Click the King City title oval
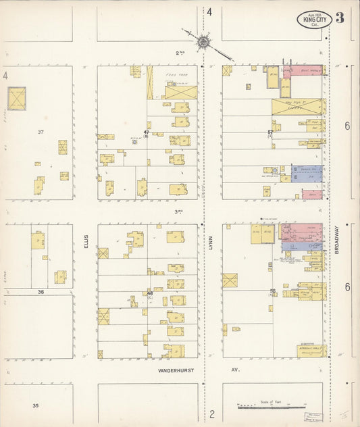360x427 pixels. pyautogui.click(x=314, y=20)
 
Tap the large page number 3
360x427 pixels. pyautogui.click(x=340, y=18)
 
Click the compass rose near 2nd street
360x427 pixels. pyautogui.click(x=202, y=42)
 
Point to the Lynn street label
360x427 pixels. pyautogui.click(x=211, y=241)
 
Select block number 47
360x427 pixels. pyautogui.click(x=146, y=132)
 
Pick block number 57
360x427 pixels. pyautogui.click(x=270, y=132)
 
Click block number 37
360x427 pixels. pyautogui.click(x=41, y=132)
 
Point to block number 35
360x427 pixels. pyautogui.click(x=35, y=405)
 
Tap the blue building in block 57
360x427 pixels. pyautogui.click(x=307, y=173)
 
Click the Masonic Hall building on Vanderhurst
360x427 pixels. pyautogui.click(x=311, y=351)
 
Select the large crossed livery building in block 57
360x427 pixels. pyautogui.click(x=298, y=107)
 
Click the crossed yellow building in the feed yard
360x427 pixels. pyautogui.click(x=180, y=92)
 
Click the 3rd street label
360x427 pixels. pyautogui.click(x=179, y=211)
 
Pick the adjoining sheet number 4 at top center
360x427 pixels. pyautogui.click(x=209, y=11)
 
